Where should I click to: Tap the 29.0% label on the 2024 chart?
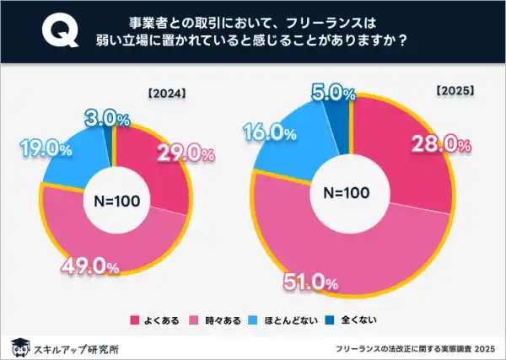pos(181,154)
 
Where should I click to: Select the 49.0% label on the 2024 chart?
pos(89,266)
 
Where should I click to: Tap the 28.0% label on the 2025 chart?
pos(439,145)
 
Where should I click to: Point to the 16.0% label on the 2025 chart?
pos(270,133)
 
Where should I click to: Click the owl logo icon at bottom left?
pos(19,345)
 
